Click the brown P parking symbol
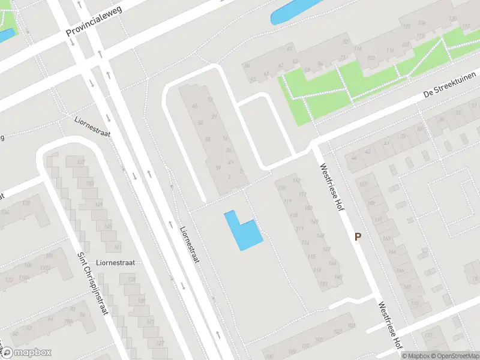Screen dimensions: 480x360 click(x=358, y=236)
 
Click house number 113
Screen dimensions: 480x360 click(x=324, y=284)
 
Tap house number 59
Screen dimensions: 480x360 click(x=218, y=167)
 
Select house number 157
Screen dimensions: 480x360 click(x=362, y=183)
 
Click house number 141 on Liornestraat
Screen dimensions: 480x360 click(x=116, y=247)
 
